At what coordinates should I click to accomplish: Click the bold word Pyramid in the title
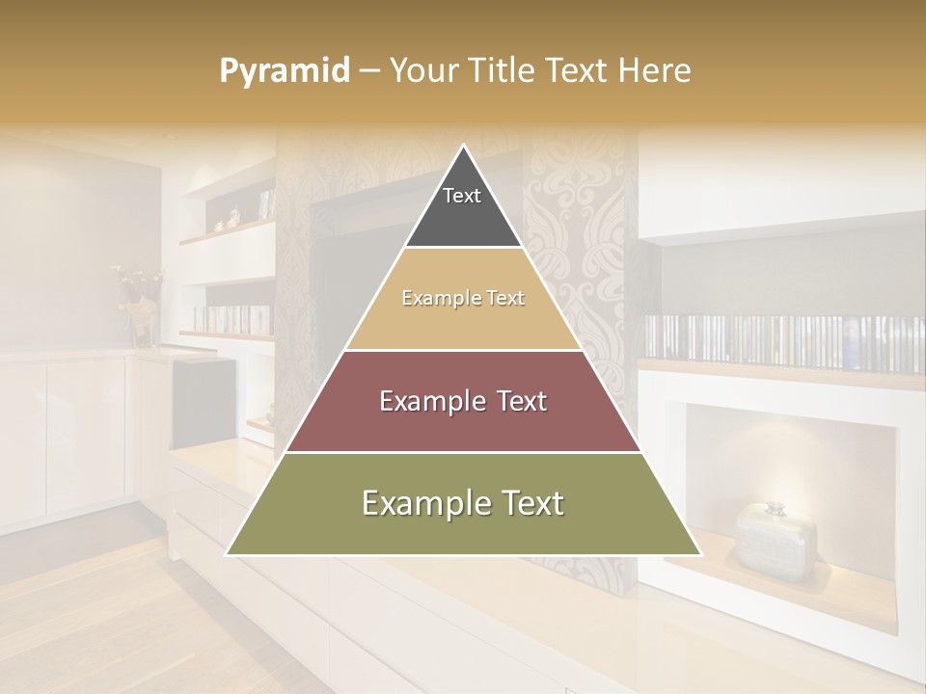(x=285, y=70)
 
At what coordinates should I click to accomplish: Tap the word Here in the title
(x=655, y=70)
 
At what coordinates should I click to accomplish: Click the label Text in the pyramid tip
(x=462, y=196)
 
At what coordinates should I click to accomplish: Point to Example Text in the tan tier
(x=463, y=298)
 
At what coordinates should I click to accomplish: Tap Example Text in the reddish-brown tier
(x=463, y=401)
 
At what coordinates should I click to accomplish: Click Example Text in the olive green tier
(x=463, y=503)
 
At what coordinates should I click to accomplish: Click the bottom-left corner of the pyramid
(x=228, y=554)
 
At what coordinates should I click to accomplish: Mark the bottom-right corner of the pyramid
(x=700, y=554)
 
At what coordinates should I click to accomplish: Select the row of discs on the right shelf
(x=781, y=342)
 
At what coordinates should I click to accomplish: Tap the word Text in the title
(x=579, y=70)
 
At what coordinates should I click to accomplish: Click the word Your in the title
(x=422, y=70)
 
